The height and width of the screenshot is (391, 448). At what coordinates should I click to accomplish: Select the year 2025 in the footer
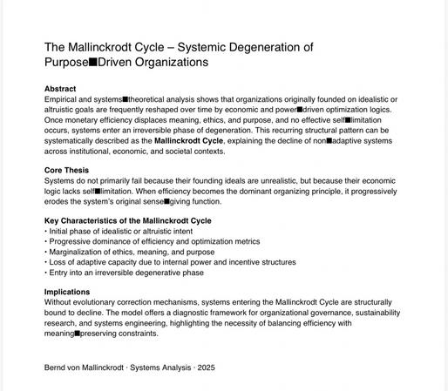[x=207, y=367]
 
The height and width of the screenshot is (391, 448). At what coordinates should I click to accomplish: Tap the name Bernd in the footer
[x=57, y=367]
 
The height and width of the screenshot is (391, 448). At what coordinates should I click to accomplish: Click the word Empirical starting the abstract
[x=62, y=99]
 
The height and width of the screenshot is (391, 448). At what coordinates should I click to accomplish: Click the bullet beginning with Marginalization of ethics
[x=139, y=252]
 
